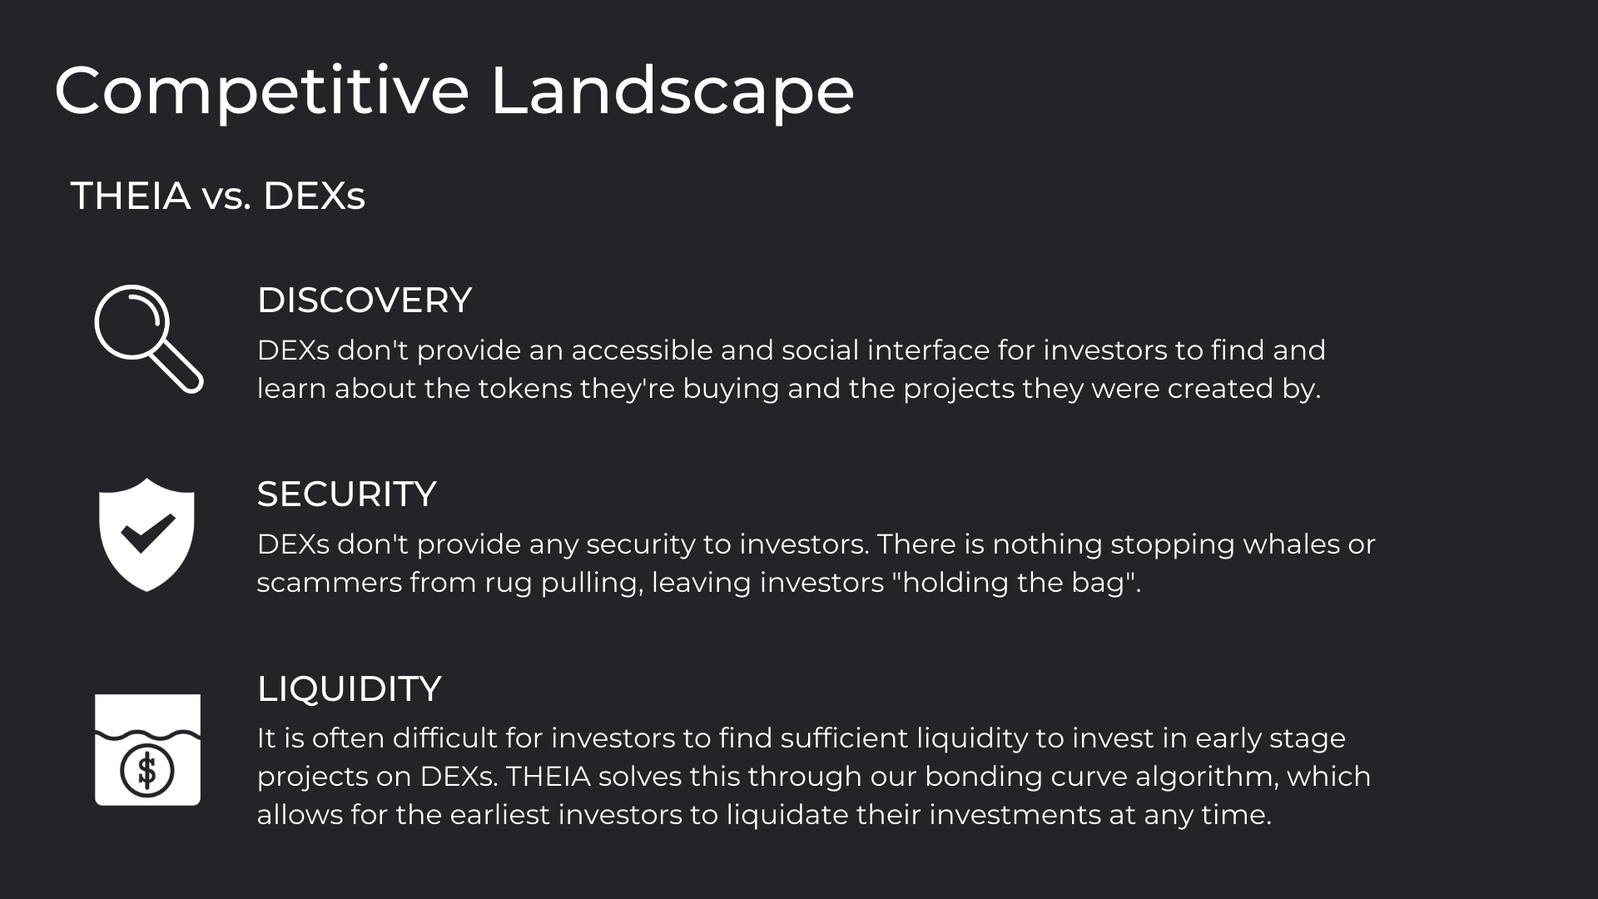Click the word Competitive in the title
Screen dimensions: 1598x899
(x=262, y=92)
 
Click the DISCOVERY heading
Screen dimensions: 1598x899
(x=365, y=300)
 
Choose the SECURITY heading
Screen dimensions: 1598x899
(x=346, y=494)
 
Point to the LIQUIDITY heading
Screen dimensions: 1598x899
(x=349, y=689)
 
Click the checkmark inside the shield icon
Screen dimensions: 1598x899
(x=148, y=534)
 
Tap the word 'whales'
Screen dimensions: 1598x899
(x=1296, y=544)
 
